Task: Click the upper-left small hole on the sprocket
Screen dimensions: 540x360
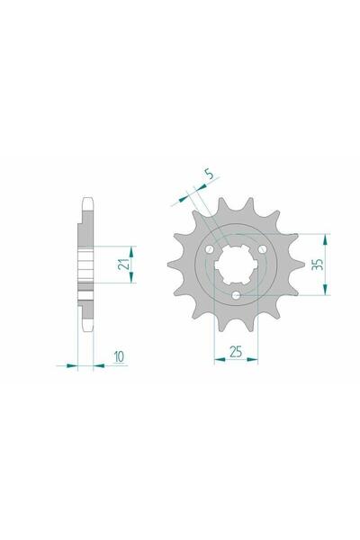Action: point(211,247)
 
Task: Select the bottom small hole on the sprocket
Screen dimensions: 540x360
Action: point(235,296)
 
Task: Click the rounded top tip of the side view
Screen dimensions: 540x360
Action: point(86,200)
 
